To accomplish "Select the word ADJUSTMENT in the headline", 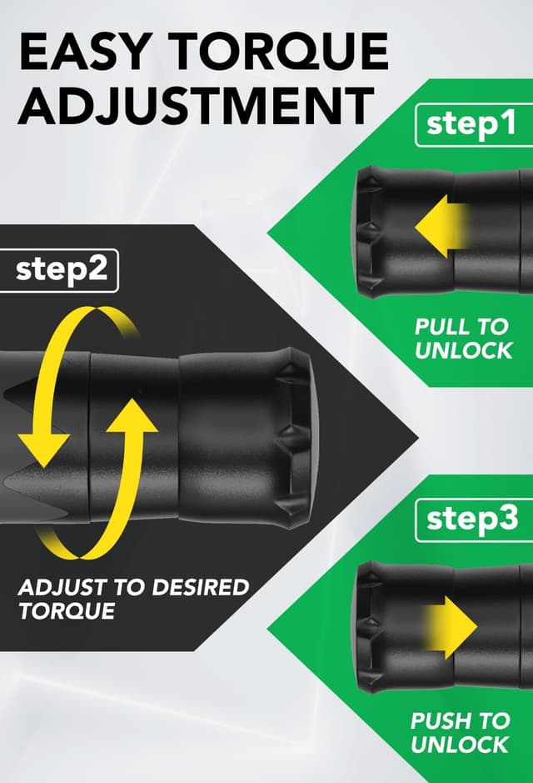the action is (x=196, y=105).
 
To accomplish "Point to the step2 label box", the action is (x=59, y=270).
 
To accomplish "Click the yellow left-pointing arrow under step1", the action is (x=441, y=226).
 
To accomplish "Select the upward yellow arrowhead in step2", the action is (x=132, y=415).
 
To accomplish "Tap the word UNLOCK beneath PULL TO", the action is (x=463, y=350).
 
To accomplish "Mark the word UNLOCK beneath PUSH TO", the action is (x=460, y=745).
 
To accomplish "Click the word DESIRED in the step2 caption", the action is (x=200, y=587).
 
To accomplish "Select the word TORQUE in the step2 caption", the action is (x=67, y=611).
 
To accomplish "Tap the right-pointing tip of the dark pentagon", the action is (x=417, y=438).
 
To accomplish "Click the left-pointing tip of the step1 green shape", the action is (x=268, y=233).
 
